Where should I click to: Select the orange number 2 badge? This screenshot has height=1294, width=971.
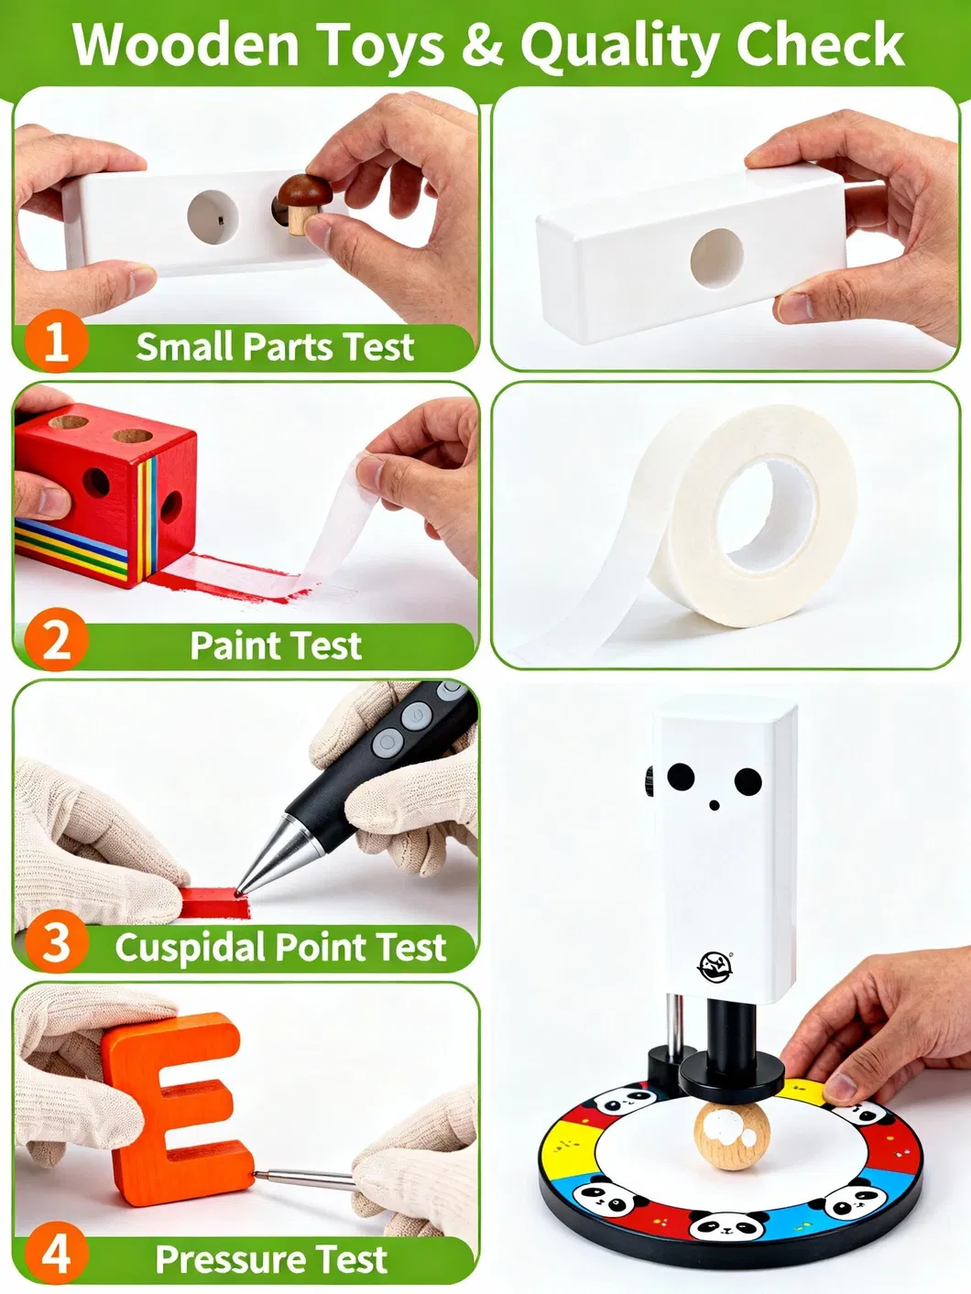56,640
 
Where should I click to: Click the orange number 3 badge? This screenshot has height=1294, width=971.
56,942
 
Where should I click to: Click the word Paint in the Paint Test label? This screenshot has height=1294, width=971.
229,646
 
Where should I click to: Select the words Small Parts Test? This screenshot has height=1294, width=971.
275,347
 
